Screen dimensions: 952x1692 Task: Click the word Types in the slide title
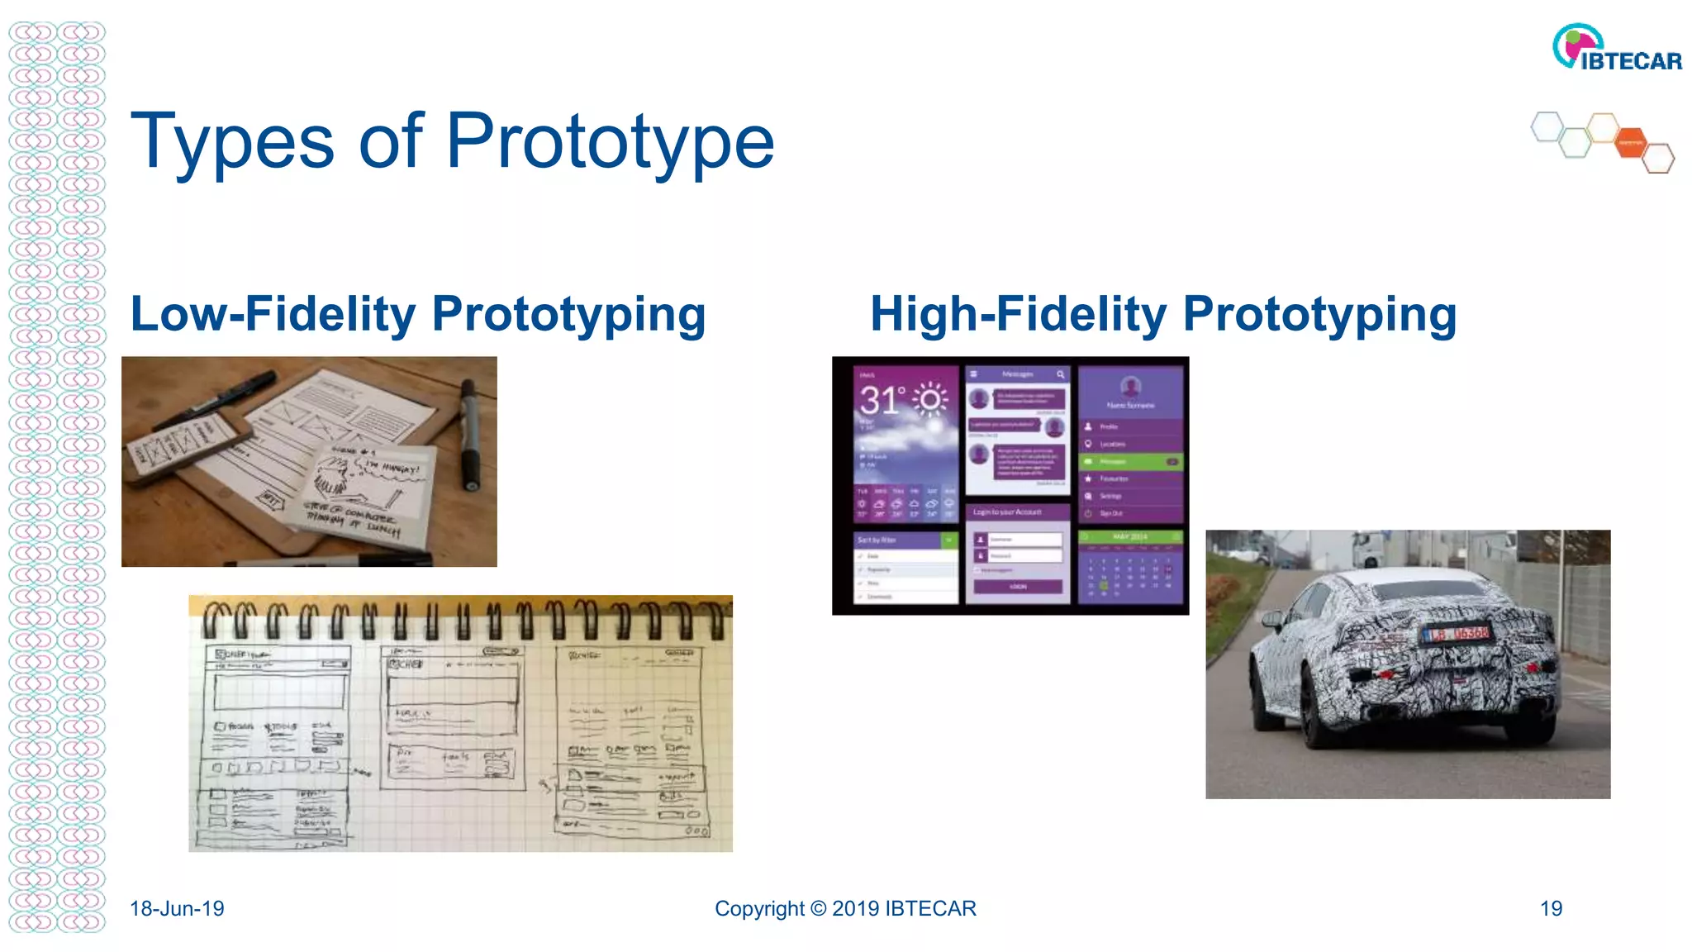click(231, 142)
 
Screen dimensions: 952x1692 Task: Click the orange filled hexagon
click(1631, 142)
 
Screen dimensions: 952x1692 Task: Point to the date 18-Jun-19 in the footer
click(177, 908)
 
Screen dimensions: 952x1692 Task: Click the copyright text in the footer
click(845, 908)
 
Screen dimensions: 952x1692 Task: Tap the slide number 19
click(1551, 908)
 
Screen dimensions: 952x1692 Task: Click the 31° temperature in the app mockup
click(881, 402)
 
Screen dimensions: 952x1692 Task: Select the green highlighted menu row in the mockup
click(1130, 461)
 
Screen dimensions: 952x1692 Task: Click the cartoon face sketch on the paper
click(333, 476)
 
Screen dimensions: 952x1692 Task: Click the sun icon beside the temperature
click(930, 400)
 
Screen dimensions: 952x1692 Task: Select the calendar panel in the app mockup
click(1130, 569)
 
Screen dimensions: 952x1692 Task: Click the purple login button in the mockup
click(1018, 587)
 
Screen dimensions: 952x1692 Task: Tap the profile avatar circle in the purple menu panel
click(1130, 386)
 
